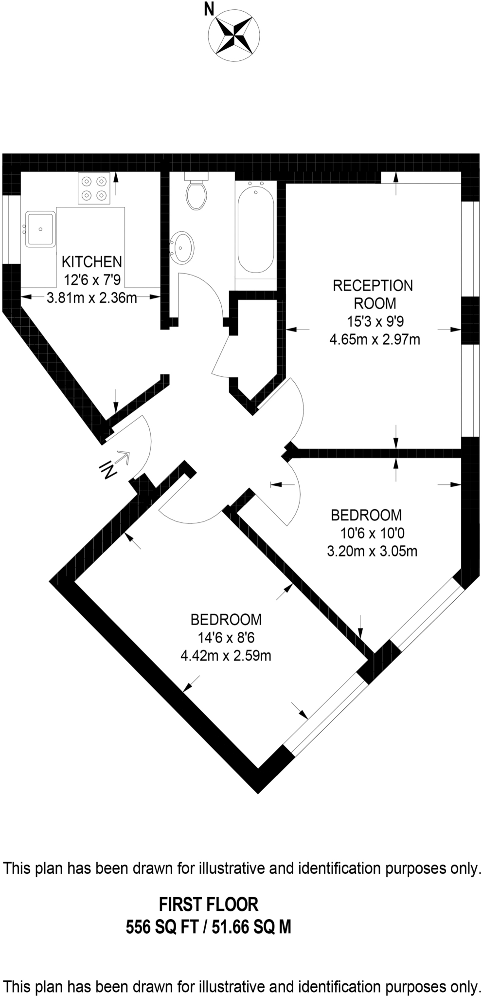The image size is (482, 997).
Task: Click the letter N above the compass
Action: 209,8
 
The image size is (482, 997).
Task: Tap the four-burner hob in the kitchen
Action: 94,188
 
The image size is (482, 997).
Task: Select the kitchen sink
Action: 41,228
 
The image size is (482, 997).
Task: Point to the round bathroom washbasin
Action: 182,247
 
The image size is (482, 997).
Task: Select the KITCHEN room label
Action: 91,262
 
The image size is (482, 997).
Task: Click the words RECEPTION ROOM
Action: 373,294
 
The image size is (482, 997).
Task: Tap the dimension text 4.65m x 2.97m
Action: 375,339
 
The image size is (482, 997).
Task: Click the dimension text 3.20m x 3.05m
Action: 372,551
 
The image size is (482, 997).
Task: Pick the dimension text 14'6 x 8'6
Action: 226,638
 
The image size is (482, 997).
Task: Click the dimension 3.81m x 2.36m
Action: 91,297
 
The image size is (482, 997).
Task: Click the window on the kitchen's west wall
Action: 11,229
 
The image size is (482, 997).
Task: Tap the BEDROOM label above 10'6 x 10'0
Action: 366,515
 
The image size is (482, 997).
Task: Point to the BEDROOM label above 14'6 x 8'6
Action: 226,619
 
